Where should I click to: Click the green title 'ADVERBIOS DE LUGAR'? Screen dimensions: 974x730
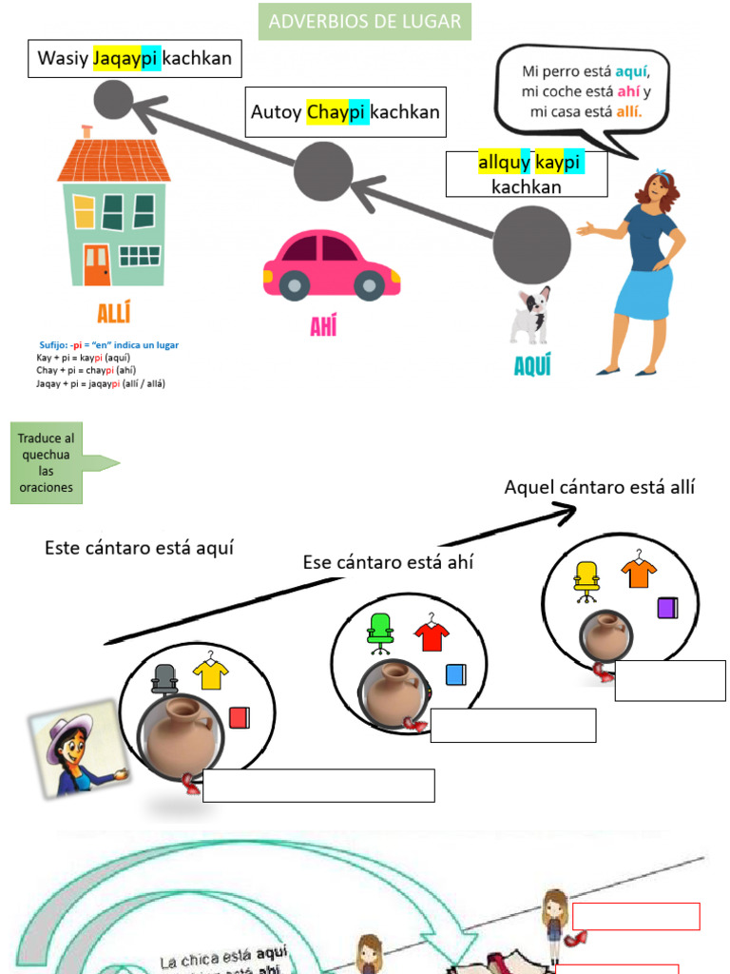click(x=364, y=22)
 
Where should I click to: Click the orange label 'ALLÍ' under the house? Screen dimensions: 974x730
click(x=114, y=314)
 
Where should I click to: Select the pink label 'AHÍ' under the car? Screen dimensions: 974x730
click(x=323, y=327)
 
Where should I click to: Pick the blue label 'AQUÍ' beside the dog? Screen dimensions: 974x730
click(x=531, y=365)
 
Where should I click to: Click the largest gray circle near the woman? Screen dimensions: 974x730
click(x=531, y=244)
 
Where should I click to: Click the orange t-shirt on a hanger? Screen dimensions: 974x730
click(x=639, y=572)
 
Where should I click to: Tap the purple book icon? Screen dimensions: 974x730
click(x=666, y=608)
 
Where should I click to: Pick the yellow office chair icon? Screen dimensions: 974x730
click(x=586, y=581)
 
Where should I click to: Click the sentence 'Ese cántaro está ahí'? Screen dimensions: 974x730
click(x=388, y=562)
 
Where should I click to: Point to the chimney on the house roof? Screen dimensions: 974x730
click(x=87, y=131)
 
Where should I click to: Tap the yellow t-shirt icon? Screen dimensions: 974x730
click(x=211, y=673)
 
